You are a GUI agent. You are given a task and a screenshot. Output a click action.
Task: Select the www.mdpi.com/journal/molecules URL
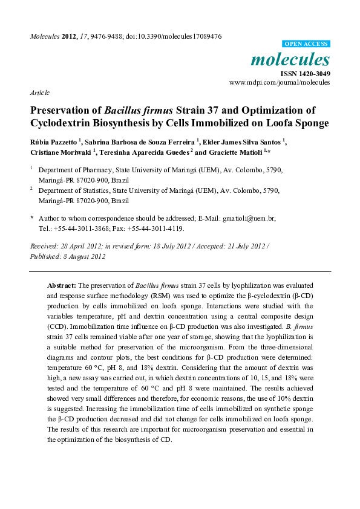coord(280,82)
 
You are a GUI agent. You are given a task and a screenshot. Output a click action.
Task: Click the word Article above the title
coord(39,92)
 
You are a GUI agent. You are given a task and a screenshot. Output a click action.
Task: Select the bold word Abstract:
coord(62,284)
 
